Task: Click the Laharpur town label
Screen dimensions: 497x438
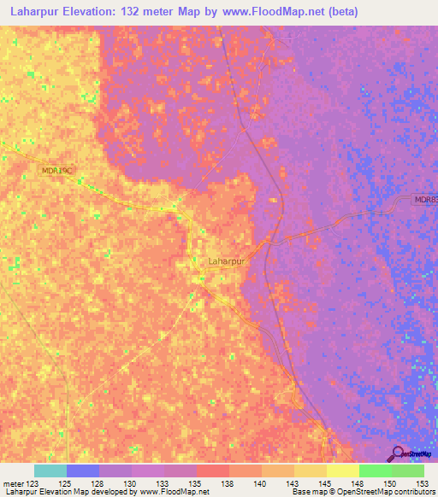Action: (227, 261)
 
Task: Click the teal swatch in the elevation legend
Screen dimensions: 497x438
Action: (50, 471)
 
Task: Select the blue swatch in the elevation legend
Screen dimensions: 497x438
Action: (83, 471)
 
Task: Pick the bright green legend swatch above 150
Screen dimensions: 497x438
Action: (375, 471)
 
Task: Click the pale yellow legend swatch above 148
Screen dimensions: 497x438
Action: (342, 471)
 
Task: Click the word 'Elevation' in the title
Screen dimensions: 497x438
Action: (87, 11)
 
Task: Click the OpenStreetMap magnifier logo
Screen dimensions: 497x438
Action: (397, 453)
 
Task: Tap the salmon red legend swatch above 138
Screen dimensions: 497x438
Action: (213, 471)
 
